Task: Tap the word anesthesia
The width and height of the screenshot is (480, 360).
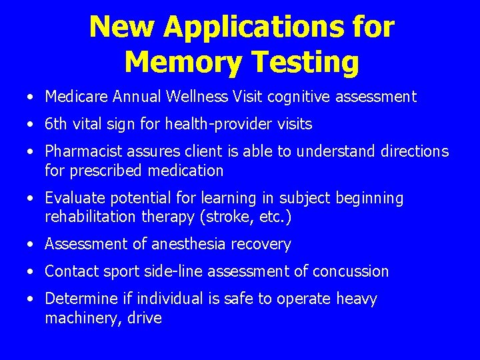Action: pos(189,245)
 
